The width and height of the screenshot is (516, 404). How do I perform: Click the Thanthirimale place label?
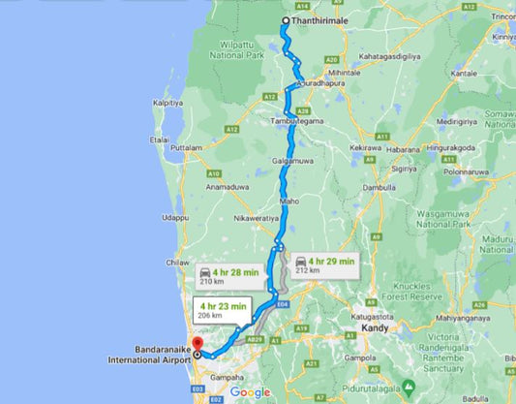(321, 21)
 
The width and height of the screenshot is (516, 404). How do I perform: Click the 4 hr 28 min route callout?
(228, 276)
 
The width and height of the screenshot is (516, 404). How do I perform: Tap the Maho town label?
(289, 201)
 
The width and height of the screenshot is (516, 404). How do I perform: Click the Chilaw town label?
(175, 263)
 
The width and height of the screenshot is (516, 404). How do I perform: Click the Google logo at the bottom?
(250, 392)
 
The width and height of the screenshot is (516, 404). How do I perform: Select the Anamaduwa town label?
(228, 186)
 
